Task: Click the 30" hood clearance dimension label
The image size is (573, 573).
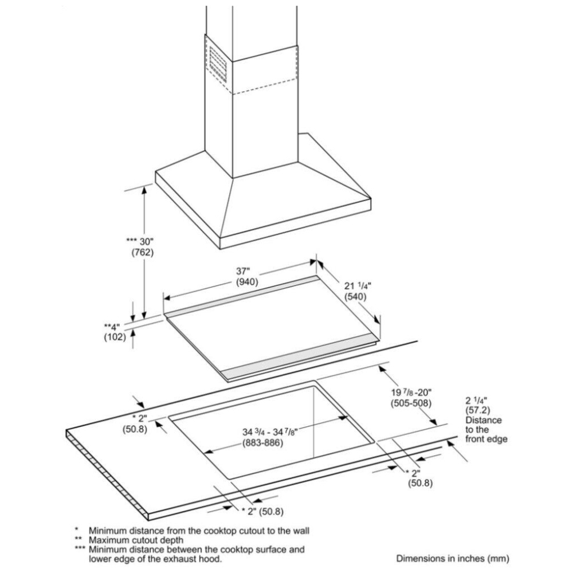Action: (140, 241)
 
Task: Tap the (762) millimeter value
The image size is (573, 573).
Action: (143, 252)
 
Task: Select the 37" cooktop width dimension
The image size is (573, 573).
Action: (242, 271)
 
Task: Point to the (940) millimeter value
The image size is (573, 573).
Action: (247, 282)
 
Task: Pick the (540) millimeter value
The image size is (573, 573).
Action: (355, 296)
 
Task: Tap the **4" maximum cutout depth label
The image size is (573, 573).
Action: (112, 327)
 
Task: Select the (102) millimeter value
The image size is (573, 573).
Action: (115, 336)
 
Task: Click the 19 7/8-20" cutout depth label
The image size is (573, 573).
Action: (411, 393)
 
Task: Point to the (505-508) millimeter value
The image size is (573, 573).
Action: (411, 403)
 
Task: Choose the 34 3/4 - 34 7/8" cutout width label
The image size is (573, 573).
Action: (270, 432)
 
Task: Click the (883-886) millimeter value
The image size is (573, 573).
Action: (262, 443)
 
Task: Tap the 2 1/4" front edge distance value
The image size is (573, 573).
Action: (476, 401)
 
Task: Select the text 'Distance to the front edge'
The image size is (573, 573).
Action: (486, 429)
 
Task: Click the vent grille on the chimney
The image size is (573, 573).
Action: (218, 64)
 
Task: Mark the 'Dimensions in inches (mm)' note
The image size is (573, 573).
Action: (453, 558)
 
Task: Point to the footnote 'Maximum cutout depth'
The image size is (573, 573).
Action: (136, 540)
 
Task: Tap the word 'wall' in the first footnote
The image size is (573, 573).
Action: (300, 530)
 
